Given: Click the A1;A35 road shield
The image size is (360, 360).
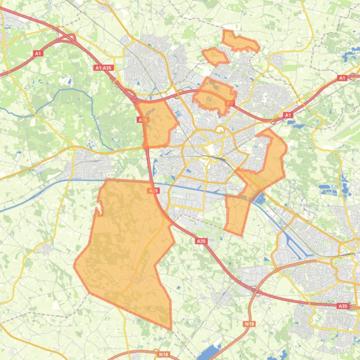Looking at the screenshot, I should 103,68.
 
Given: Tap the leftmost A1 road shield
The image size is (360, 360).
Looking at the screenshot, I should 38,53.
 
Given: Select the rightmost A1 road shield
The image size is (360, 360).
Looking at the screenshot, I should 342,78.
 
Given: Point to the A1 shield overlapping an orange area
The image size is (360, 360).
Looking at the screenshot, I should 229,103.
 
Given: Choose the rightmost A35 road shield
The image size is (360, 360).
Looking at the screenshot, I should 343,306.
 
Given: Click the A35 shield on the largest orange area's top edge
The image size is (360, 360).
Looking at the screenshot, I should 153,191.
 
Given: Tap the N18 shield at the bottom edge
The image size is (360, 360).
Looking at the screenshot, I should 163,354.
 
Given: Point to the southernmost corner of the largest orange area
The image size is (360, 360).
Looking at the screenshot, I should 170,329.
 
